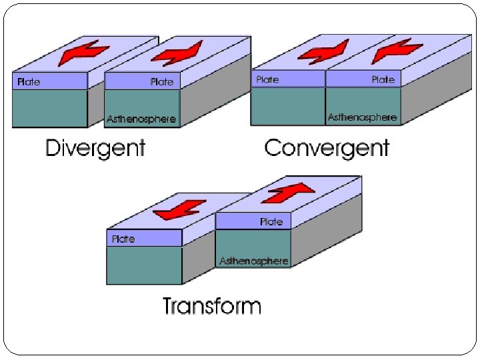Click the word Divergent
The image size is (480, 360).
point(95,147)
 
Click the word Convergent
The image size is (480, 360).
point(327,147)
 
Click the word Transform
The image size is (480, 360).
point(212,306)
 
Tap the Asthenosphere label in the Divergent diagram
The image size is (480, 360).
point(141,119)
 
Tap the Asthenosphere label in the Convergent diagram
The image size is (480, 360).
point(362,117)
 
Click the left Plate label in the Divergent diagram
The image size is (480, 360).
point(29,81)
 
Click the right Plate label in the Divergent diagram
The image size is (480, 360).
point(162,81)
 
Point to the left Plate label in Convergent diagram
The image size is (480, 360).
point(267,79)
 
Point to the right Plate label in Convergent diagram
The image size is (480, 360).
point(383,79)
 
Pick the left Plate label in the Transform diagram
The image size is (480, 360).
point(124,238)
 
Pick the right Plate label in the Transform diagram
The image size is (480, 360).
point(271,221)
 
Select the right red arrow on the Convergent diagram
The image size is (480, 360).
point(397,49)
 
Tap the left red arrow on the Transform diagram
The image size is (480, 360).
point(175,209)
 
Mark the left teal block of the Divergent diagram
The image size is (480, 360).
point(50,108)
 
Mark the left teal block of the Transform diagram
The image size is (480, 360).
point(144,265)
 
